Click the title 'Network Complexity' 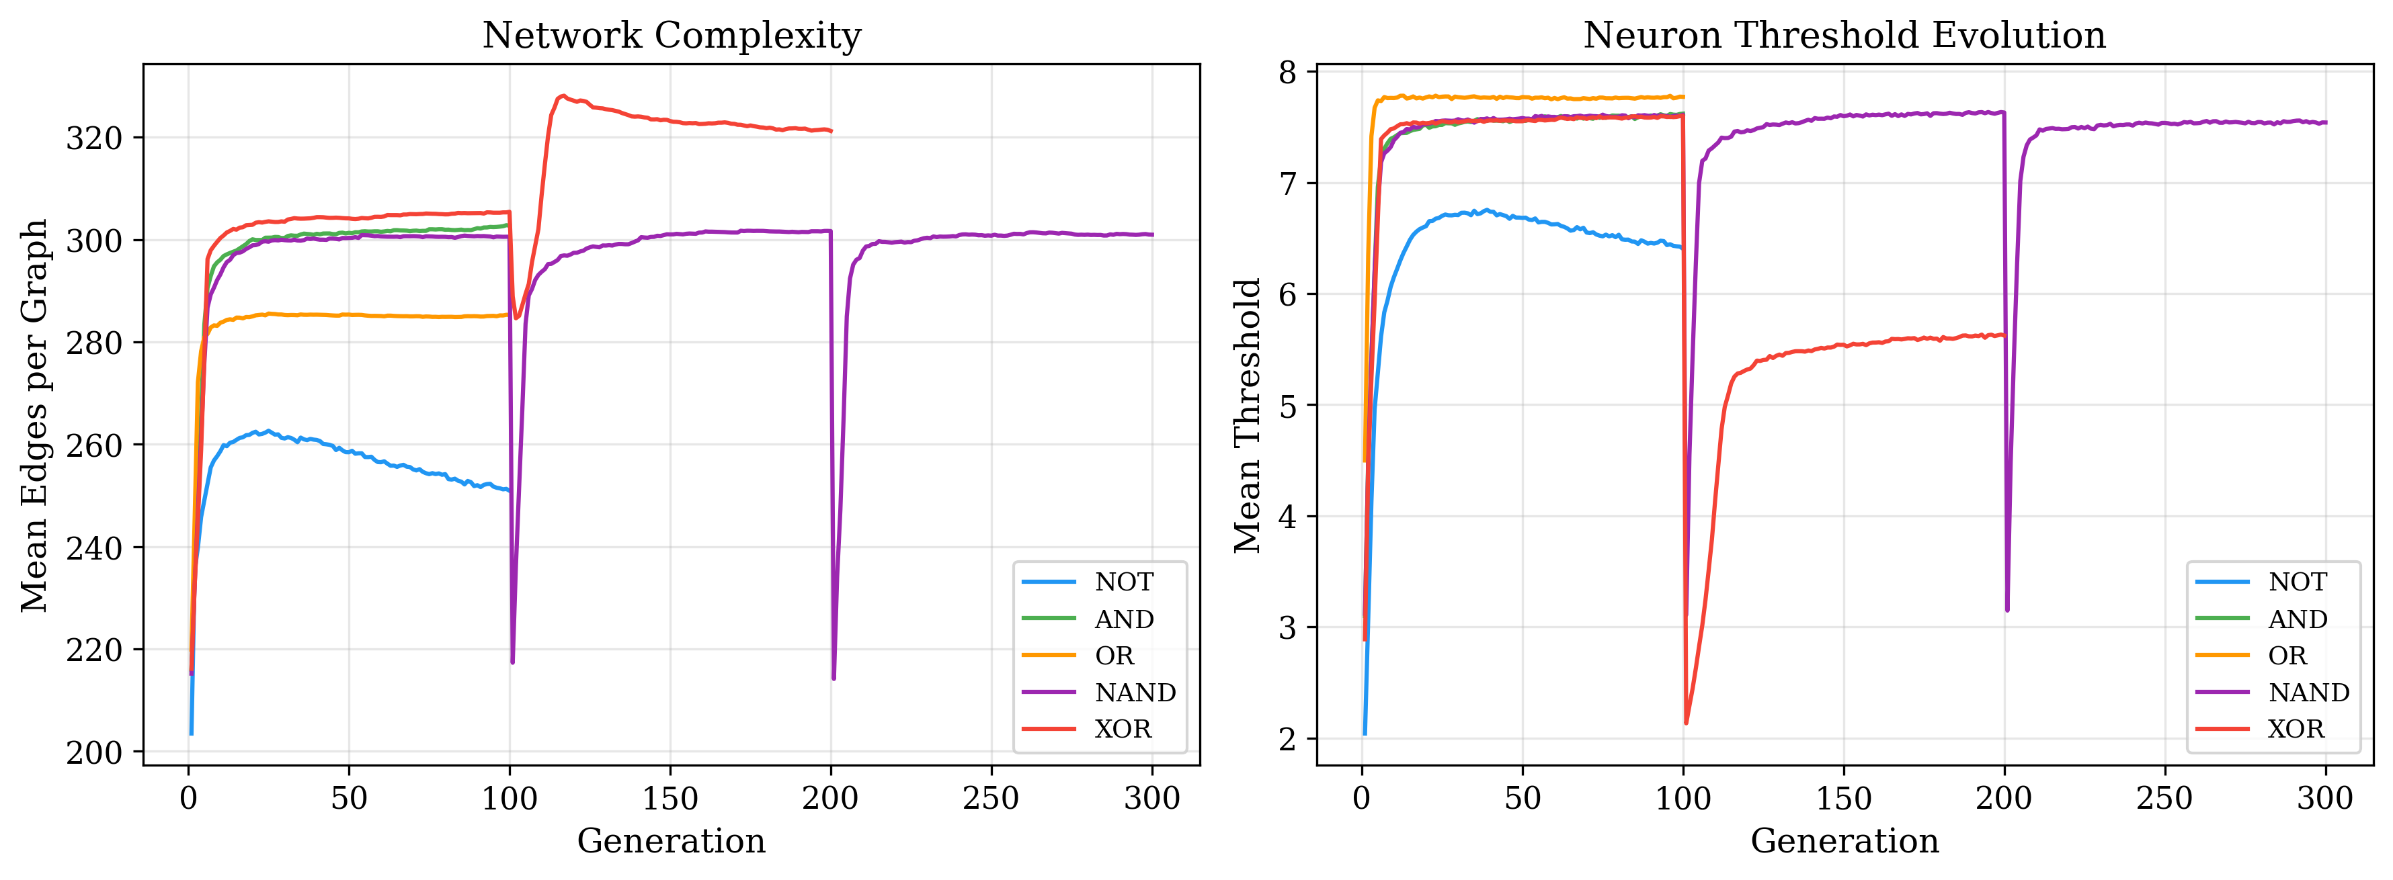tap(671, 36)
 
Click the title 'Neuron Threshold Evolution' tap(1844, 36)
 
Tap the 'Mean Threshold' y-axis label tap(1248, 415)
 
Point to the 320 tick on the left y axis tap(93, 138)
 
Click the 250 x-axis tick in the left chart tap(991, 798)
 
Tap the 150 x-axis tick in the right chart tap(1844, 798)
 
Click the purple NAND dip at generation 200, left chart tap(834, 678)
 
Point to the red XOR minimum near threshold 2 tap(1686, 722)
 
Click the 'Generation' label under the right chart tap(1844, 841)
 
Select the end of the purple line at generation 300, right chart tap(2325, 122)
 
